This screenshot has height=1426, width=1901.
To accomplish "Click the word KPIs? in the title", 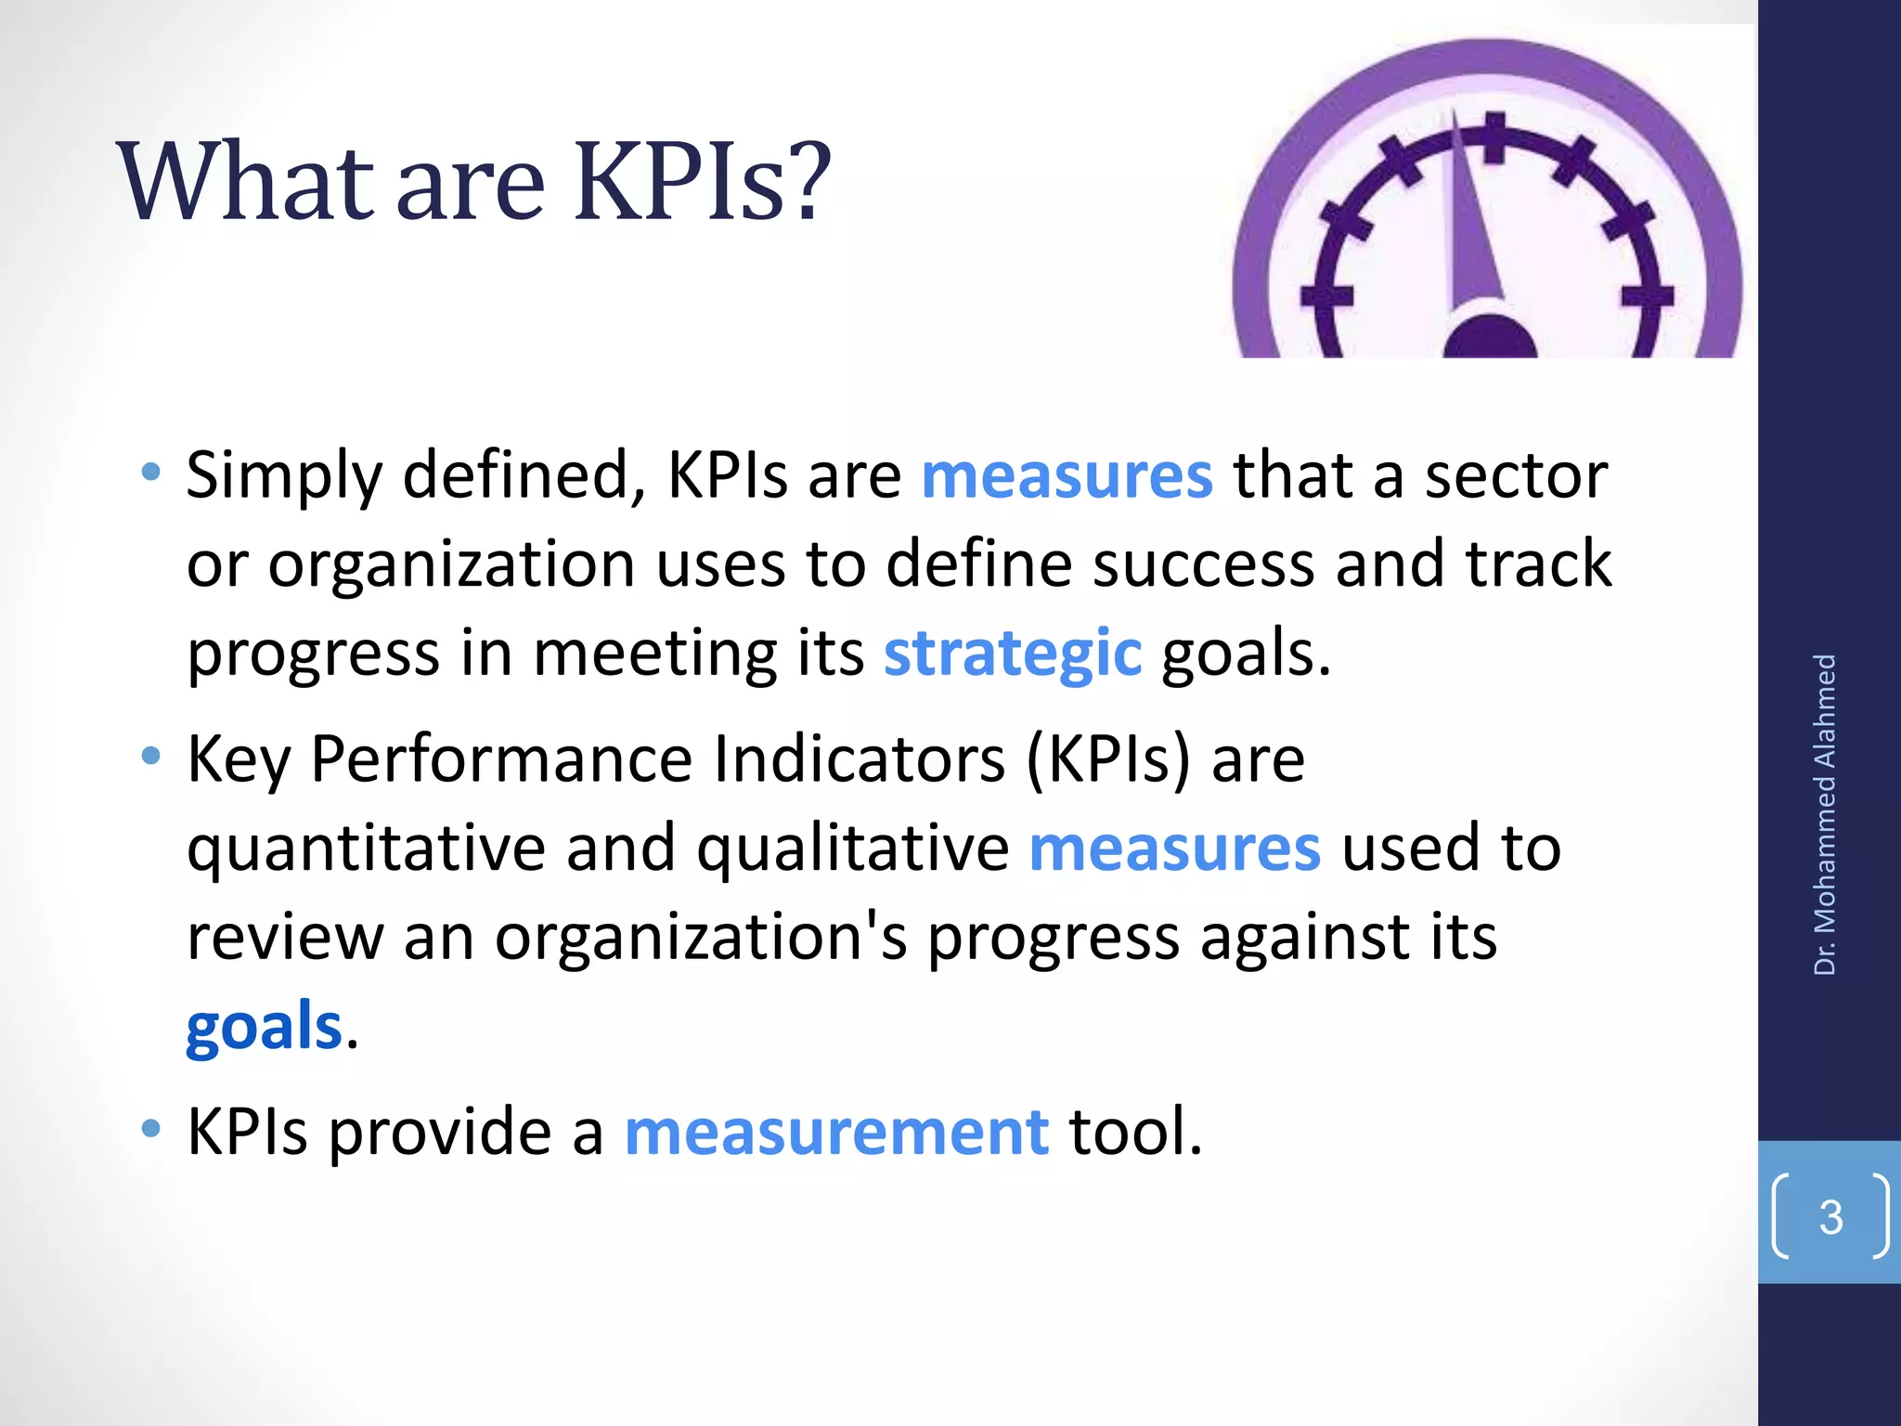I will [x=702, y=182].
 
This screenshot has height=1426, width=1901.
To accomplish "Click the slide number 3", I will [x=1830, y=1217].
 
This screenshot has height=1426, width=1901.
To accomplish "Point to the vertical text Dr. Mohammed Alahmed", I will [x=1825, y=814].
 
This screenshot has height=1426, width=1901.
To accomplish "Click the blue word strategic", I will [x=1012, y=653].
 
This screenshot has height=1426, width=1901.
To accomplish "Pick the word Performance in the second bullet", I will [x=501, y=759].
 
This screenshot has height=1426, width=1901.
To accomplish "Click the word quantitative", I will [x=367, y=849].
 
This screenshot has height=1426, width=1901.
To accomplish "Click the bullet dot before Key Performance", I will [x=150, y=757].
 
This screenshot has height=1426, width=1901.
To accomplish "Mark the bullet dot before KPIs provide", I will [x=150, y=1129].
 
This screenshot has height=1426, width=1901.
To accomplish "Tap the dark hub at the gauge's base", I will [x=1490, y=339].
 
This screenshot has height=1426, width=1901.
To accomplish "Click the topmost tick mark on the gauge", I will [x=1494, y=137].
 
